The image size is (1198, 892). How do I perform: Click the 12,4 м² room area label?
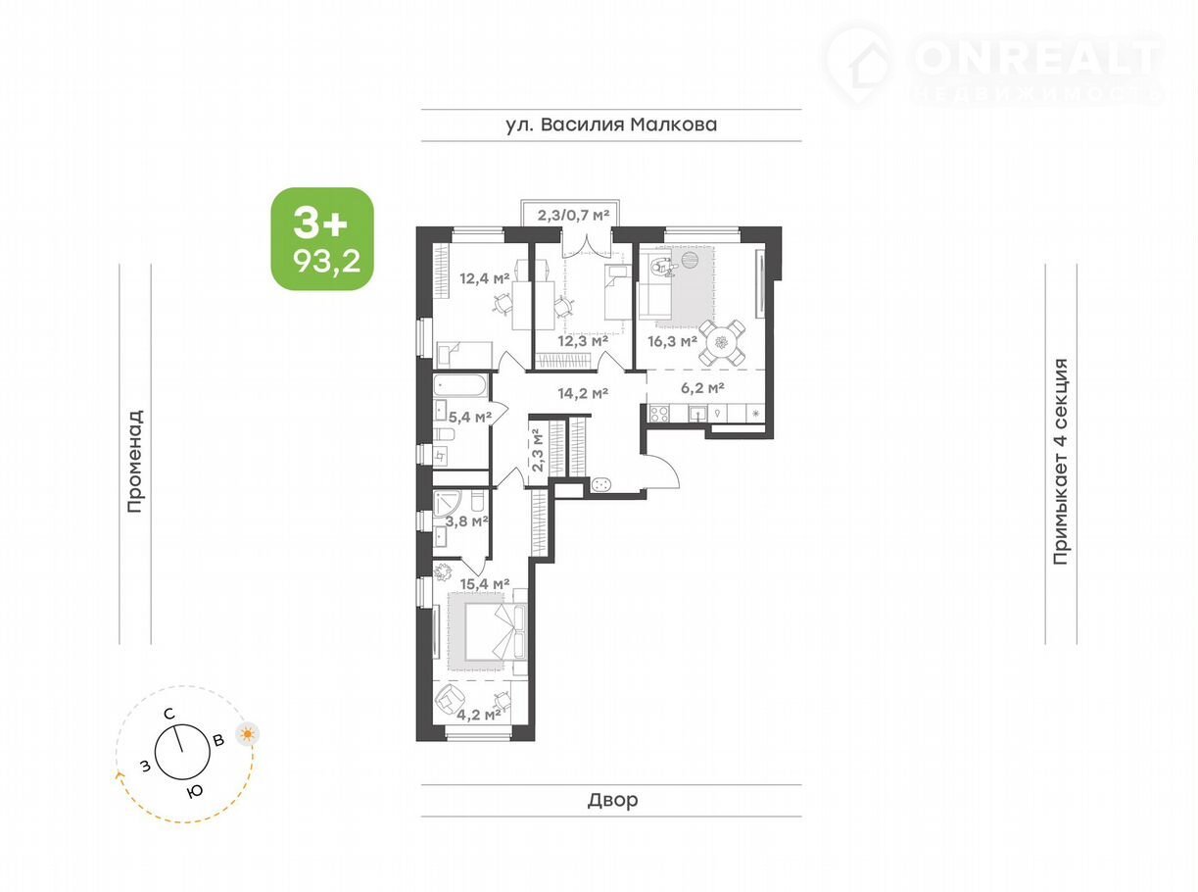coord(485,279)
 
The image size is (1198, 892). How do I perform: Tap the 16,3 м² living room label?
coord(672,341)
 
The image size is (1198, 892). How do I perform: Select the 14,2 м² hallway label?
coord(584,393)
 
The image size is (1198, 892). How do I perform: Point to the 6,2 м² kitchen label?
coord(702,387)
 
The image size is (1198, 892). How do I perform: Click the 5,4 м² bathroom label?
coord(470,417)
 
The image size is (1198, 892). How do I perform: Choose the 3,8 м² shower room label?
coord(467,521)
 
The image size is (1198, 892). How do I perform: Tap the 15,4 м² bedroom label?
coord(485,584)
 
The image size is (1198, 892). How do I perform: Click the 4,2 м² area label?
coord(479,715)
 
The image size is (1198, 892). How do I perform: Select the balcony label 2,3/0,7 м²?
coord(574,216)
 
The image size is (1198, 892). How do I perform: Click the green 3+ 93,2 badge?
coord(322,238)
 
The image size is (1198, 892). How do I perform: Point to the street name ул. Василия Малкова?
coord(611,124)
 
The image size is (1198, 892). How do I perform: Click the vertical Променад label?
coord(135,461)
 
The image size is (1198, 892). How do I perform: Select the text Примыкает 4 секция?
coord(1061,461)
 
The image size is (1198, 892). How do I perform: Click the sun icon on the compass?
coord(248,734)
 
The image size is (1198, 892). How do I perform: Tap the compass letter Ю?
coord(195,791)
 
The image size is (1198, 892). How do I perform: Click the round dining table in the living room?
coord(722,343)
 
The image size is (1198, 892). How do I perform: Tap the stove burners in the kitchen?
coord(659,414)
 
